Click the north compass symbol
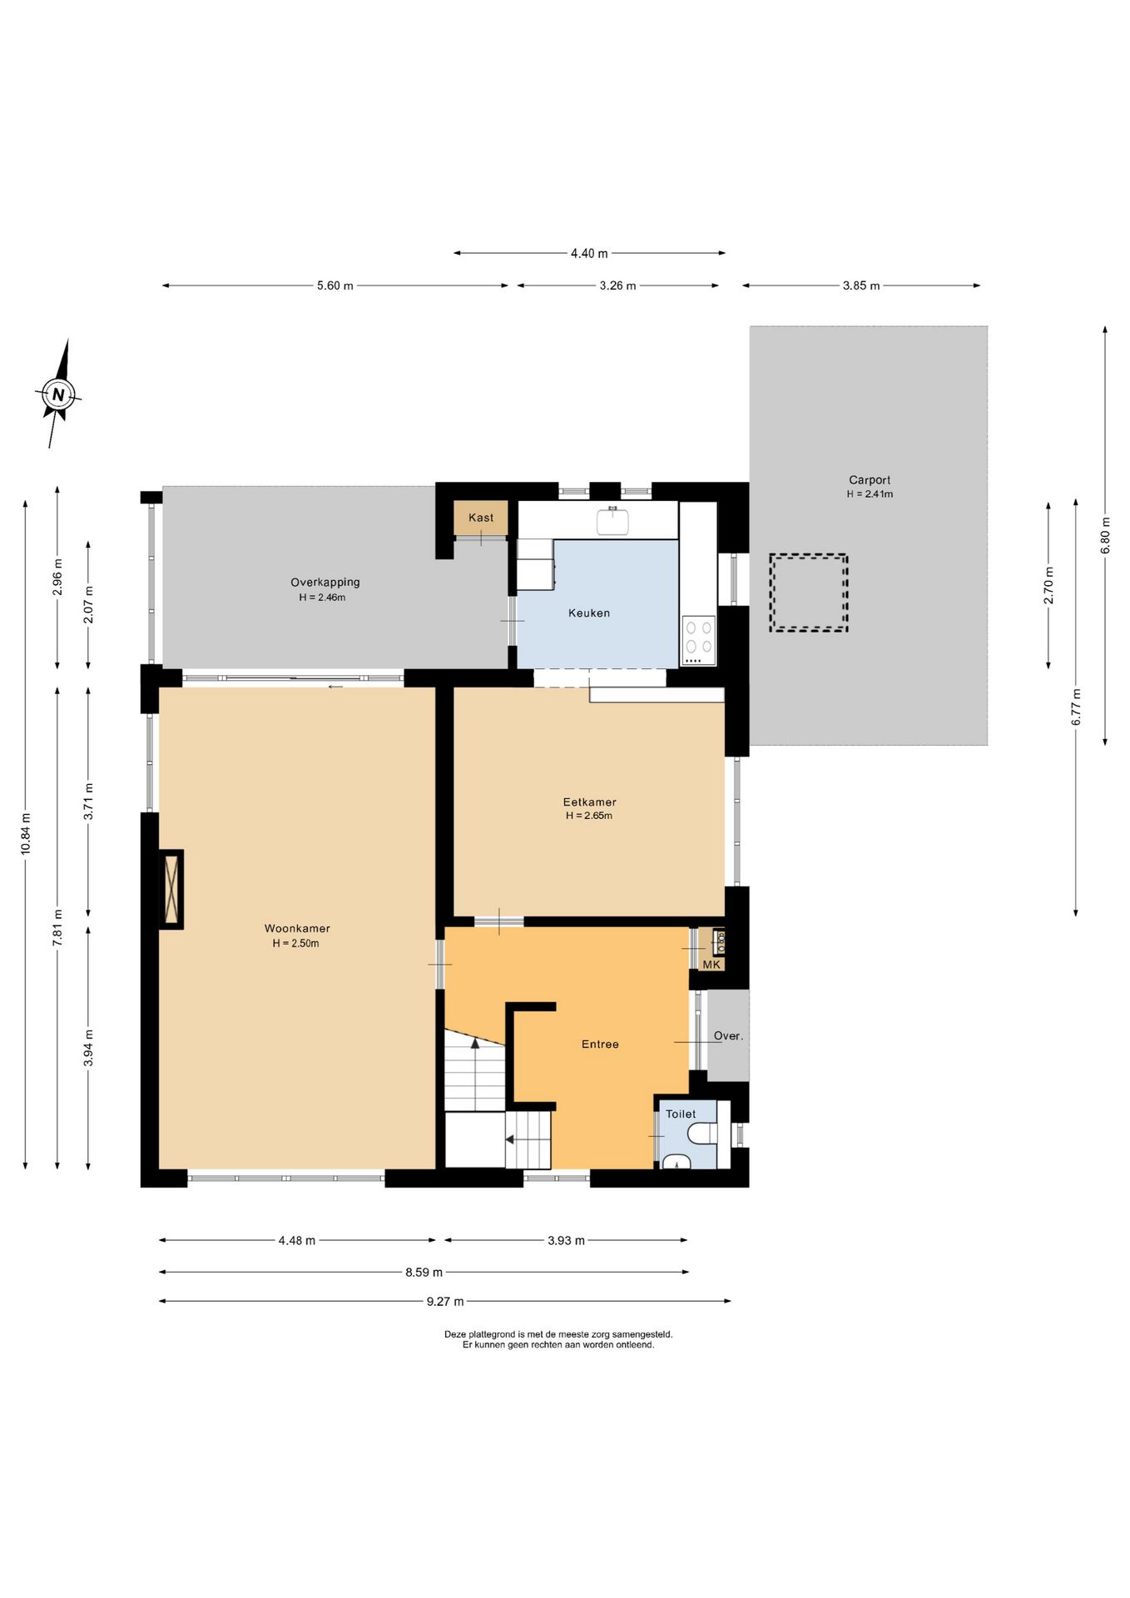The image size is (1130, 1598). [x=57, y=394]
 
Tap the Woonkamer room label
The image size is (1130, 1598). [x=297, y=928]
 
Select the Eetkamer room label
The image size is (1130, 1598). [x=589, y=802]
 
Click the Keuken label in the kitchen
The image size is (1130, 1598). [x=589, y=613]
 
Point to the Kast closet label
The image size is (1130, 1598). [x=481, y=518]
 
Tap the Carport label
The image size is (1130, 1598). [x=870, y=480]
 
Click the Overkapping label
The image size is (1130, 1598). [x=325, y=583]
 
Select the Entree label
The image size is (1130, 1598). [x=600, y=1045]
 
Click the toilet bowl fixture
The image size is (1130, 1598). [x=702, y=1134]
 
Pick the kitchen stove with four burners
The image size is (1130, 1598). [x=698, y=640]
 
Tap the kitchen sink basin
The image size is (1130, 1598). [x=612, y=521]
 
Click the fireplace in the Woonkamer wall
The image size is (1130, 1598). [x=171, y=889]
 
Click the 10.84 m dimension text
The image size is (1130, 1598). [x=26, y=834]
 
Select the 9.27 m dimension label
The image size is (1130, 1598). [x=445, y=1302]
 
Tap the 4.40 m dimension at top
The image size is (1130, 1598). [x=589, y=253]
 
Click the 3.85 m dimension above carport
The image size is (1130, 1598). [x=861, y=285]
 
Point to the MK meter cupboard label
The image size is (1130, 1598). [x=711, y=965]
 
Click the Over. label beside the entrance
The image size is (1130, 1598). [x=728, y=1036]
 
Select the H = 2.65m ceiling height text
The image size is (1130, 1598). [x=589, y=816]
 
